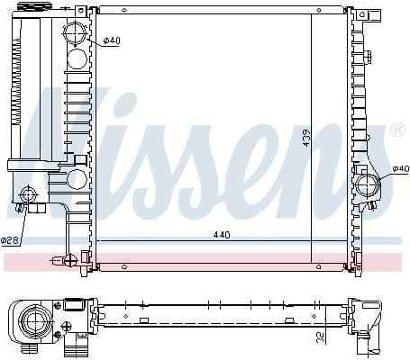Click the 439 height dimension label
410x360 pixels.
click(x=305, y=138)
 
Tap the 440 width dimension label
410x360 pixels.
click(x=221, y=235)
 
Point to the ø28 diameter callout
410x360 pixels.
click(x=10, y=240)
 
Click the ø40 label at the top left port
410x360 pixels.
click(x=112, y=40)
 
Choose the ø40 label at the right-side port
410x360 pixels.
click(x=400, y=170)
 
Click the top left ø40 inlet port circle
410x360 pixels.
click(x=77, y=35)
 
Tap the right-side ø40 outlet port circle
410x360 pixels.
click(x=369, y=187)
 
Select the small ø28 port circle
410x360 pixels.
click(x=30, y=194)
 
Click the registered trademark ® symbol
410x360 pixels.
click(x=397, y=131)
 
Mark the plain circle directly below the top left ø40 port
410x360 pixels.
click(x=77, y=59)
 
